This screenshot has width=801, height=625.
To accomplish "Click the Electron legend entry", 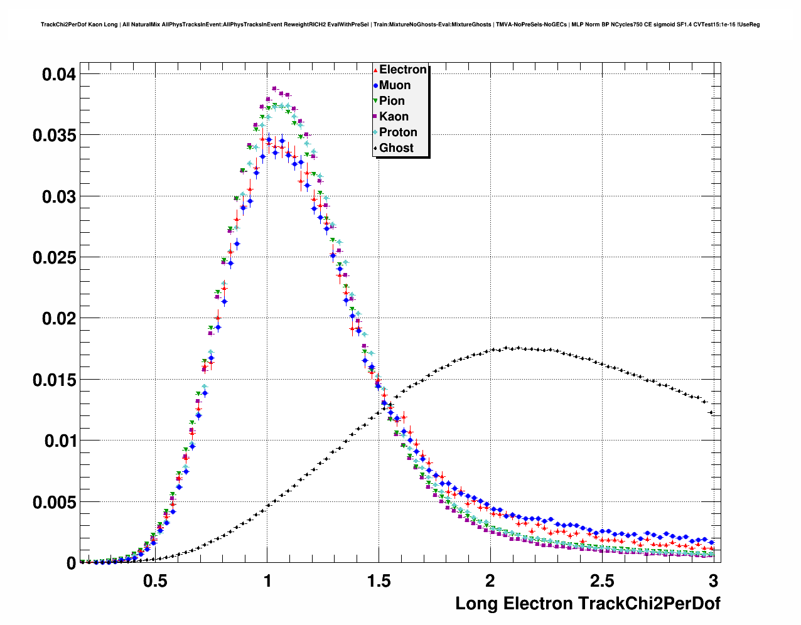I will point(402,70).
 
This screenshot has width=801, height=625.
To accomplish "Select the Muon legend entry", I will point(394,85).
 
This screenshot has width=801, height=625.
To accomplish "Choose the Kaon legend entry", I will point(394,117).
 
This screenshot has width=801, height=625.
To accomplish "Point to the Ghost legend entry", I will point(396,148).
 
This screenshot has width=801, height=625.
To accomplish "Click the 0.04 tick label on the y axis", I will point(59,75).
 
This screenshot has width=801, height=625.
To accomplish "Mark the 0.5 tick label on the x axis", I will point(155,580).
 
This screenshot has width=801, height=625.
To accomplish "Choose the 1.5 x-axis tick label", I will point(379,580).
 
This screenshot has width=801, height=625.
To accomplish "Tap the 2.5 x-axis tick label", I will point(602,580).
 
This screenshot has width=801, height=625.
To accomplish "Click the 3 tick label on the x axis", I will point(713,580).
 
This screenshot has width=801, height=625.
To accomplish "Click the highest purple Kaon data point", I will point(274,88).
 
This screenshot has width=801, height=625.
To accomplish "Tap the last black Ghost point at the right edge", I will point(711,412).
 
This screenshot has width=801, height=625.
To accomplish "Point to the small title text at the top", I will point(400,24).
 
